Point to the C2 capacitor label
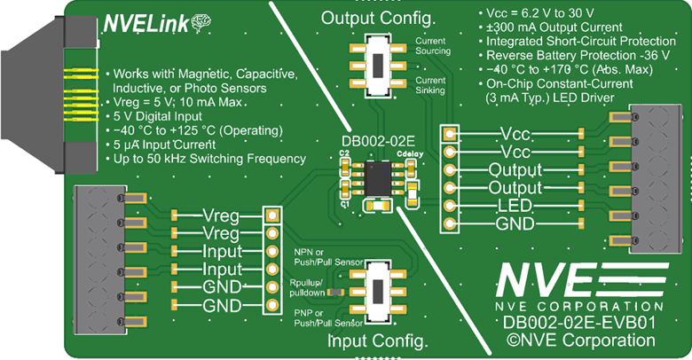click(x=344, y=153)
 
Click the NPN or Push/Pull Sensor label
click(x=314, y=258)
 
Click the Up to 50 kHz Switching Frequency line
click(x=206, y=159)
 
